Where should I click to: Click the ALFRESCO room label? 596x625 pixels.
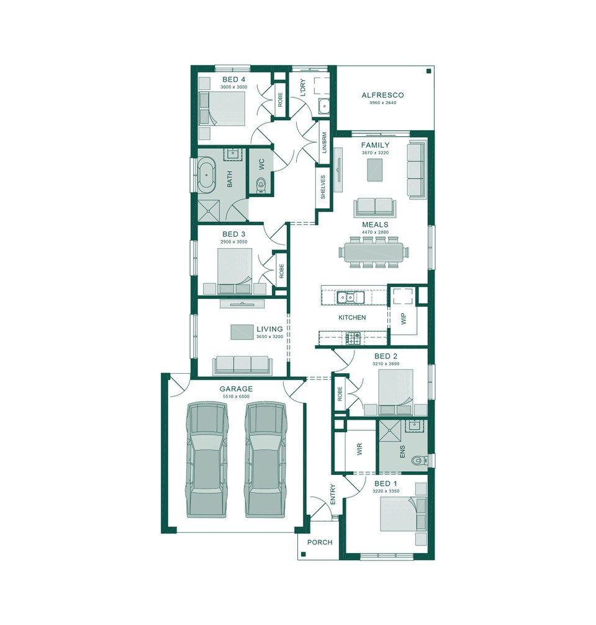(x=382, y=95)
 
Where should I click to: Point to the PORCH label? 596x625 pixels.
(x=320, y=543)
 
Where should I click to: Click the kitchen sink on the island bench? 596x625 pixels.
(x=346, y=298)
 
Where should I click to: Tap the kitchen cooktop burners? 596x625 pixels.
(x=353, y=338)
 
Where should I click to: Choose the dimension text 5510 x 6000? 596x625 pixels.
(x=235, y=396)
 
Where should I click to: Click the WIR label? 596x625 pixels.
(x=359, y=450)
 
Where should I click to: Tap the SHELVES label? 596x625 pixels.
(x=323, y=187)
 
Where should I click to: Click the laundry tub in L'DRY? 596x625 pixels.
(x=323, y=107)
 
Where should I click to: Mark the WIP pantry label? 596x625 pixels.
(x=403, y=319)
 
